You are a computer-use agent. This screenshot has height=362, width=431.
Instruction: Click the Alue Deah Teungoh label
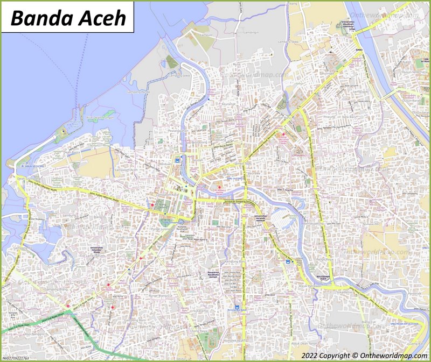(x=99, y=117)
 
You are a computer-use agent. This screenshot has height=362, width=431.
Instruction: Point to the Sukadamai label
(x=200, y=310)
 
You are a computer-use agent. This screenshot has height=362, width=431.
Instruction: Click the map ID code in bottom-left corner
(x=16, y=358)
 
